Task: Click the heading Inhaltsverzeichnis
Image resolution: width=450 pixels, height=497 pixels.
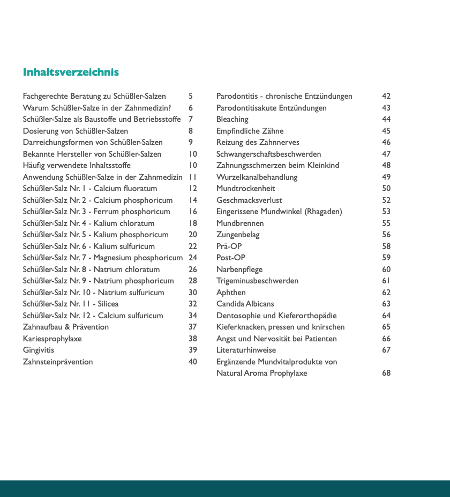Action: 71,72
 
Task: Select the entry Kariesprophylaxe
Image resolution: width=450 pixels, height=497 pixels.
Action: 52,339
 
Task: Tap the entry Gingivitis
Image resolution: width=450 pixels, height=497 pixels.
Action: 38,350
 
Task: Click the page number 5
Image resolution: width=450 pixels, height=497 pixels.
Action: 191,96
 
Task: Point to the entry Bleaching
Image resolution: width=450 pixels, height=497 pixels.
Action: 232,119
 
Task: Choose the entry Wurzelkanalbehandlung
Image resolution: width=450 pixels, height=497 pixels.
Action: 257,177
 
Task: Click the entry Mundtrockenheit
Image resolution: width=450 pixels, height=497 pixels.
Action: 245,188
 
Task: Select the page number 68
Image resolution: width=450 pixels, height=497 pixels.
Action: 386,373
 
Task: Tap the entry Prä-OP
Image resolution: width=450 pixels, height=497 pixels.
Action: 229,246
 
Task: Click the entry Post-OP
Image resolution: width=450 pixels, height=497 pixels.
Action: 231,258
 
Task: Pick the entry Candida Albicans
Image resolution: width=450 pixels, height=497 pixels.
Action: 245,304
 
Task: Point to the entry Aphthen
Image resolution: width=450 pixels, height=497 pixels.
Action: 231,293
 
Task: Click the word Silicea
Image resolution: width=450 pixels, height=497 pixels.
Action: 108,304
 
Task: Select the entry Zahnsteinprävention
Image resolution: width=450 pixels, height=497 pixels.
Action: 58,362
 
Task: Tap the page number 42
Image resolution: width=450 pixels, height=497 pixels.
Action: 386,96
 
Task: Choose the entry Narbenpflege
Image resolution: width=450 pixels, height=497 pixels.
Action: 239,269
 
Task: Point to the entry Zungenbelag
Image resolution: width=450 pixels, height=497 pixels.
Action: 238,235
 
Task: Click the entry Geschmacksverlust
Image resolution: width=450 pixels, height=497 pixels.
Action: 249,200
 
